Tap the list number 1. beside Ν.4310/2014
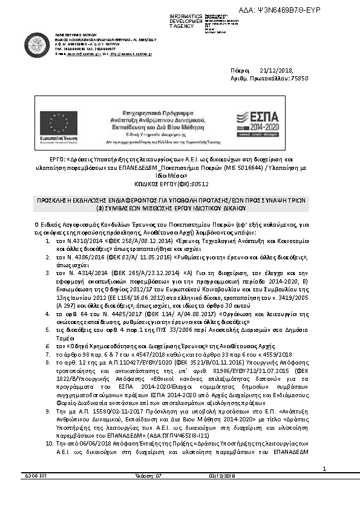click(48, 241)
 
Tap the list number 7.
click(48, 353)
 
